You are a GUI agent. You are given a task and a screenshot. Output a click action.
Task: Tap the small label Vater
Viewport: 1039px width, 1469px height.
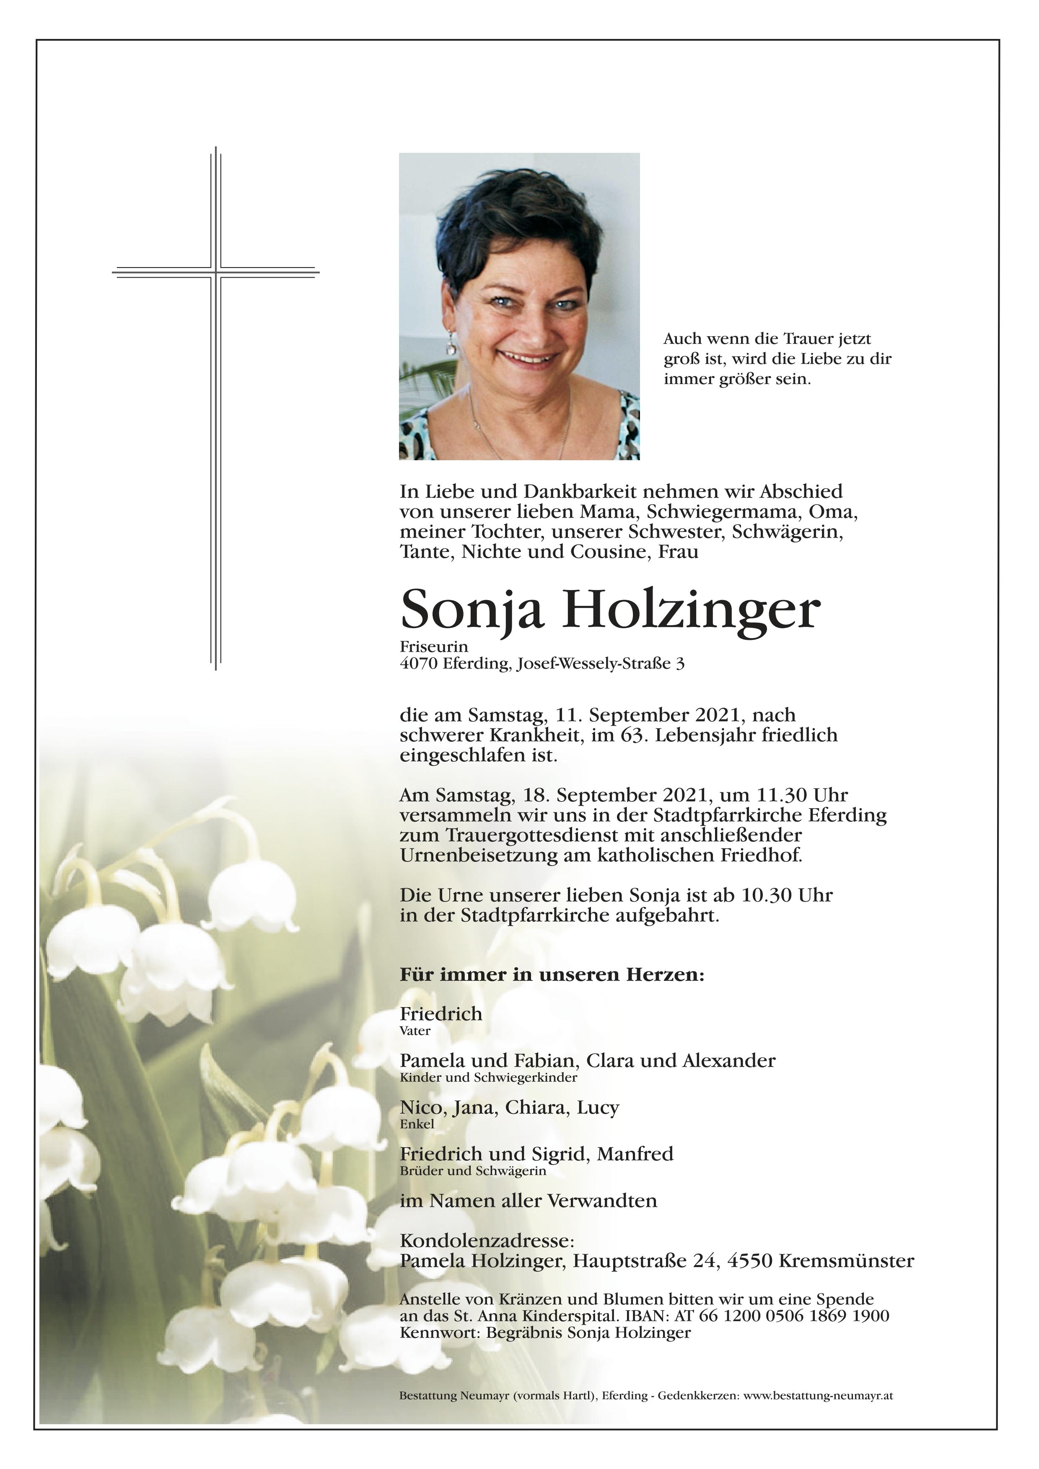click(415, 1031)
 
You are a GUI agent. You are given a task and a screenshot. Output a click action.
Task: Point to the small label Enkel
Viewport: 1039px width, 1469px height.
click(417, 1124)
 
